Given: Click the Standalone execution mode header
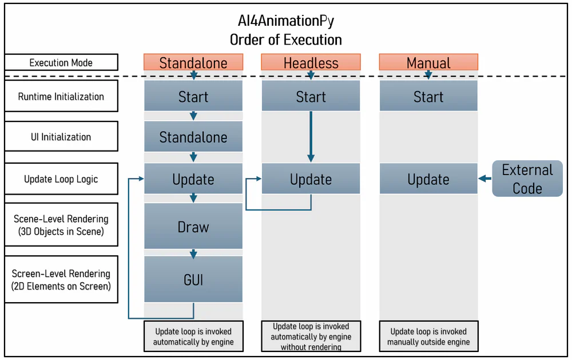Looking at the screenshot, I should tap(193, 62).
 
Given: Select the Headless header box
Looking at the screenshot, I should tap(311, 62).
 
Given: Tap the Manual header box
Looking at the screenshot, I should tap(428, 62).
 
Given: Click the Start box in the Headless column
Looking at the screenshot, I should tap(311, 96).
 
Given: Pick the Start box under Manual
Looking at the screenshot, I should tap(428, 96).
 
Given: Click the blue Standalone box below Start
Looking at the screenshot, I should tap(193, 137).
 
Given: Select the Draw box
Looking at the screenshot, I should tap(193, 227).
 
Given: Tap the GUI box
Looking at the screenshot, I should tap(193, 280).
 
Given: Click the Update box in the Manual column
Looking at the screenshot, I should tap(428, 179).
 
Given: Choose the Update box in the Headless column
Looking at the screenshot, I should tap(311, 179).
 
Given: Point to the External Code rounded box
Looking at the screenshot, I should tap(527, 179).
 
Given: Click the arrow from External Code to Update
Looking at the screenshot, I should tap(485, 179).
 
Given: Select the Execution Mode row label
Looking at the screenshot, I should tap(61, 62).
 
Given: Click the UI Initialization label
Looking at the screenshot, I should tap(61, 137).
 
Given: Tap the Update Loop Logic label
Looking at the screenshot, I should tap(61, 179).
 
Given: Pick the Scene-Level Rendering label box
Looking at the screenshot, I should tap(61, 224).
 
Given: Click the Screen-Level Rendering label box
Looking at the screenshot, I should tap(61, 279).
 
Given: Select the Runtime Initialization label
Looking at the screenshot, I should tap(61, 96).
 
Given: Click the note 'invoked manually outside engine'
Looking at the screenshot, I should tap(428, 337).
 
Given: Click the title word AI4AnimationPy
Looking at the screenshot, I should tap(285, 21).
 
